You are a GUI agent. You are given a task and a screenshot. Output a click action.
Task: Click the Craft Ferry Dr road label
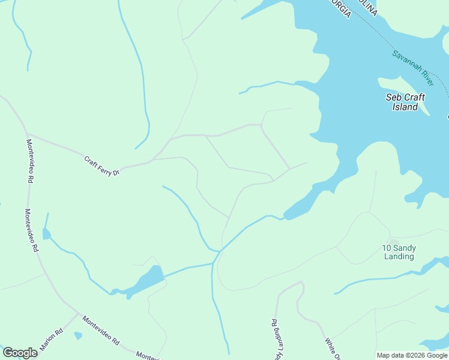[x=102, y=166]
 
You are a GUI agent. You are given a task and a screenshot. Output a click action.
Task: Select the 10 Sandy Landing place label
[x=399, y=252]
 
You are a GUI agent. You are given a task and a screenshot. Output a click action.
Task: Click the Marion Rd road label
[x=52, y=340]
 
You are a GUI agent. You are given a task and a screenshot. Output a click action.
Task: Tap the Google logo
[x=20, y=353]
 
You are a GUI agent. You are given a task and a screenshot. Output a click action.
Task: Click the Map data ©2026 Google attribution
[x=412, y=355]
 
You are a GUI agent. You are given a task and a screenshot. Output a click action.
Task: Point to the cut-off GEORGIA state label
[x=340, y=8]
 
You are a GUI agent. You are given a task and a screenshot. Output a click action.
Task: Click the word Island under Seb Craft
[x=405, y=107]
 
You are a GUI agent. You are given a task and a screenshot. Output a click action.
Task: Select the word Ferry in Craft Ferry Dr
[x=103, y=167]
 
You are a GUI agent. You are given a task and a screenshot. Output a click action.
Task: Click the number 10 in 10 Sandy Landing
[x=387, y=248]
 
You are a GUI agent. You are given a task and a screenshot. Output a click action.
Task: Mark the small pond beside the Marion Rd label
[x=78, y=335]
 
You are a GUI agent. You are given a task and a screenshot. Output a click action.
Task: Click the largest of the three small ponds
[x=146, y=280]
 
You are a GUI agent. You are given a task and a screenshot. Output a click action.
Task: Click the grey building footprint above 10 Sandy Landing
[x=394, y=241]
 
